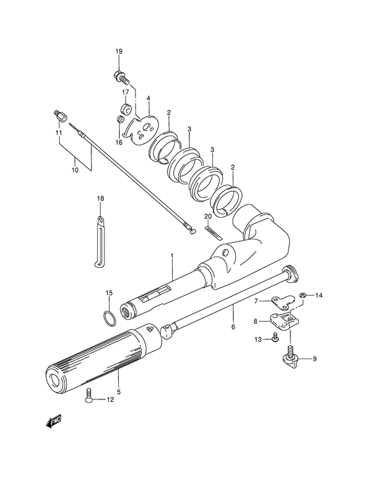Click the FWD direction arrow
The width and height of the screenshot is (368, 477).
click(x=54, y=422)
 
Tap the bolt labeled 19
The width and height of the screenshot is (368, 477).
click(x=122, y=77)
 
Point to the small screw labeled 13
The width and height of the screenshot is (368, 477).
click(x=275, y=338)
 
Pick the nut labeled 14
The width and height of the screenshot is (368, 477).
click(x=302, y=295)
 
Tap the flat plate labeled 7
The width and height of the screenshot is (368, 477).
click(x=283, y=301)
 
